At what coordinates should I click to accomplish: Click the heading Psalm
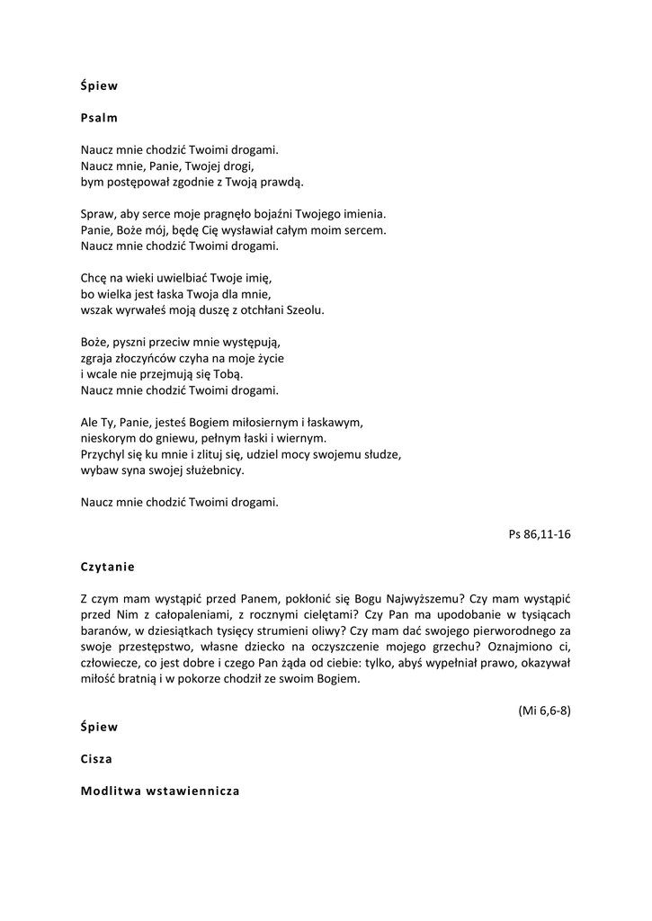tap(99, 118)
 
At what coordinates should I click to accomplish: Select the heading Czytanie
tap(107, 568)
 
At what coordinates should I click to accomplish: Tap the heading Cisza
tap(96, 758)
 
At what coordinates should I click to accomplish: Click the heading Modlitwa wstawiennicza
tap(159, 791)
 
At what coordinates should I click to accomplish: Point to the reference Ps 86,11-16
tap(540, 533)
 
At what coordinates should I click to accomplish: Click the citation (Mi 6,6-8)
tap(544, 710)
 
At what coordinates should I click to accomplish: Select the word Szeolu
tap(305, 310)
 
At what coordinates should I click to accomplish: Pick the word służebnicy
tap(213, 470)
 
